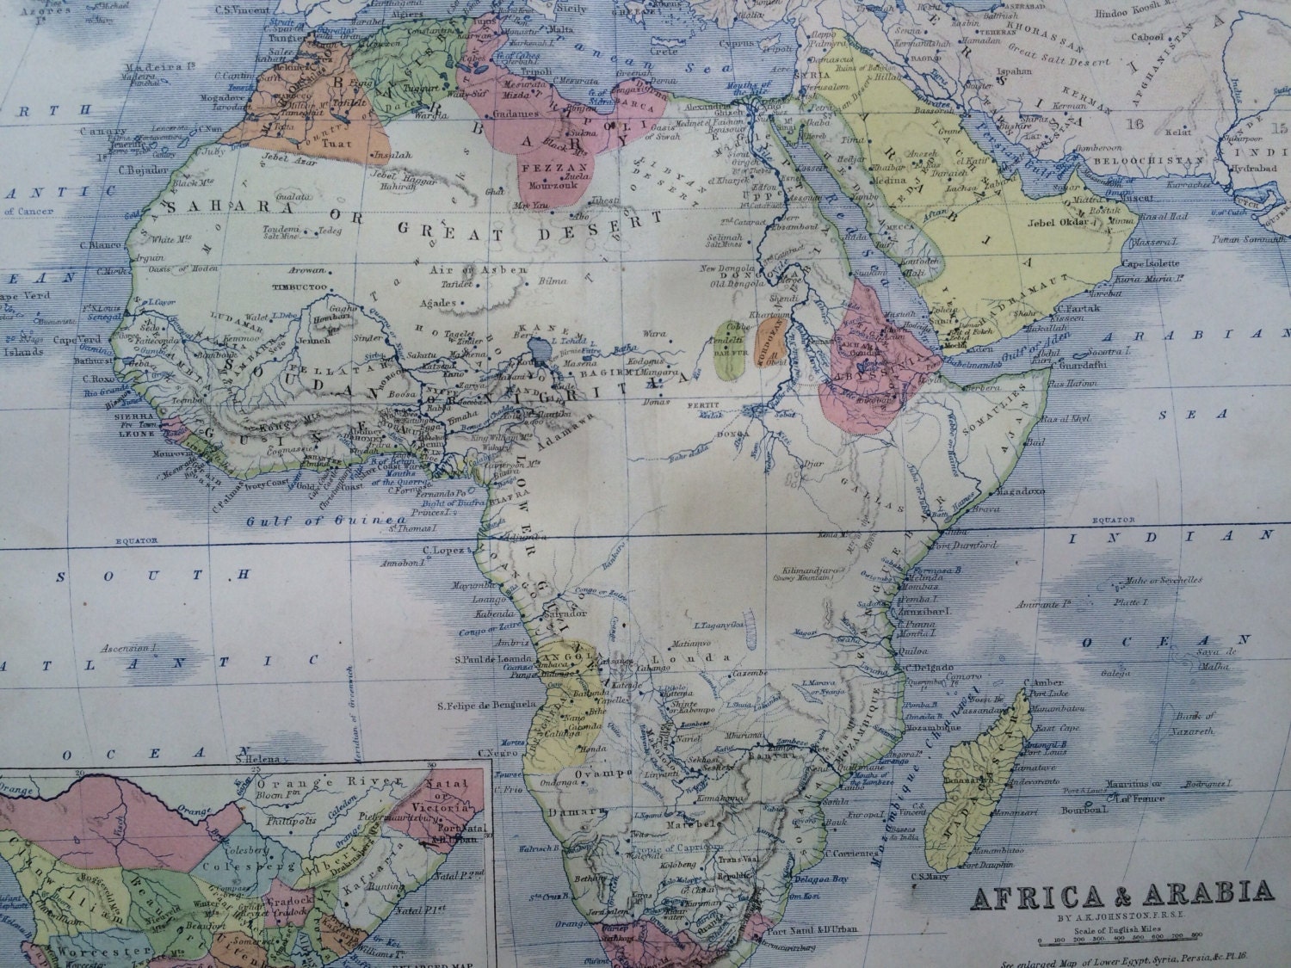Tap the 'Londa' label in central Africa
pos(690,657)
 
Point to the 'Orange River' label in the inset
pos(295,782)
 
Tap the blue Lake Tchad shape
pos(540,350)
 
